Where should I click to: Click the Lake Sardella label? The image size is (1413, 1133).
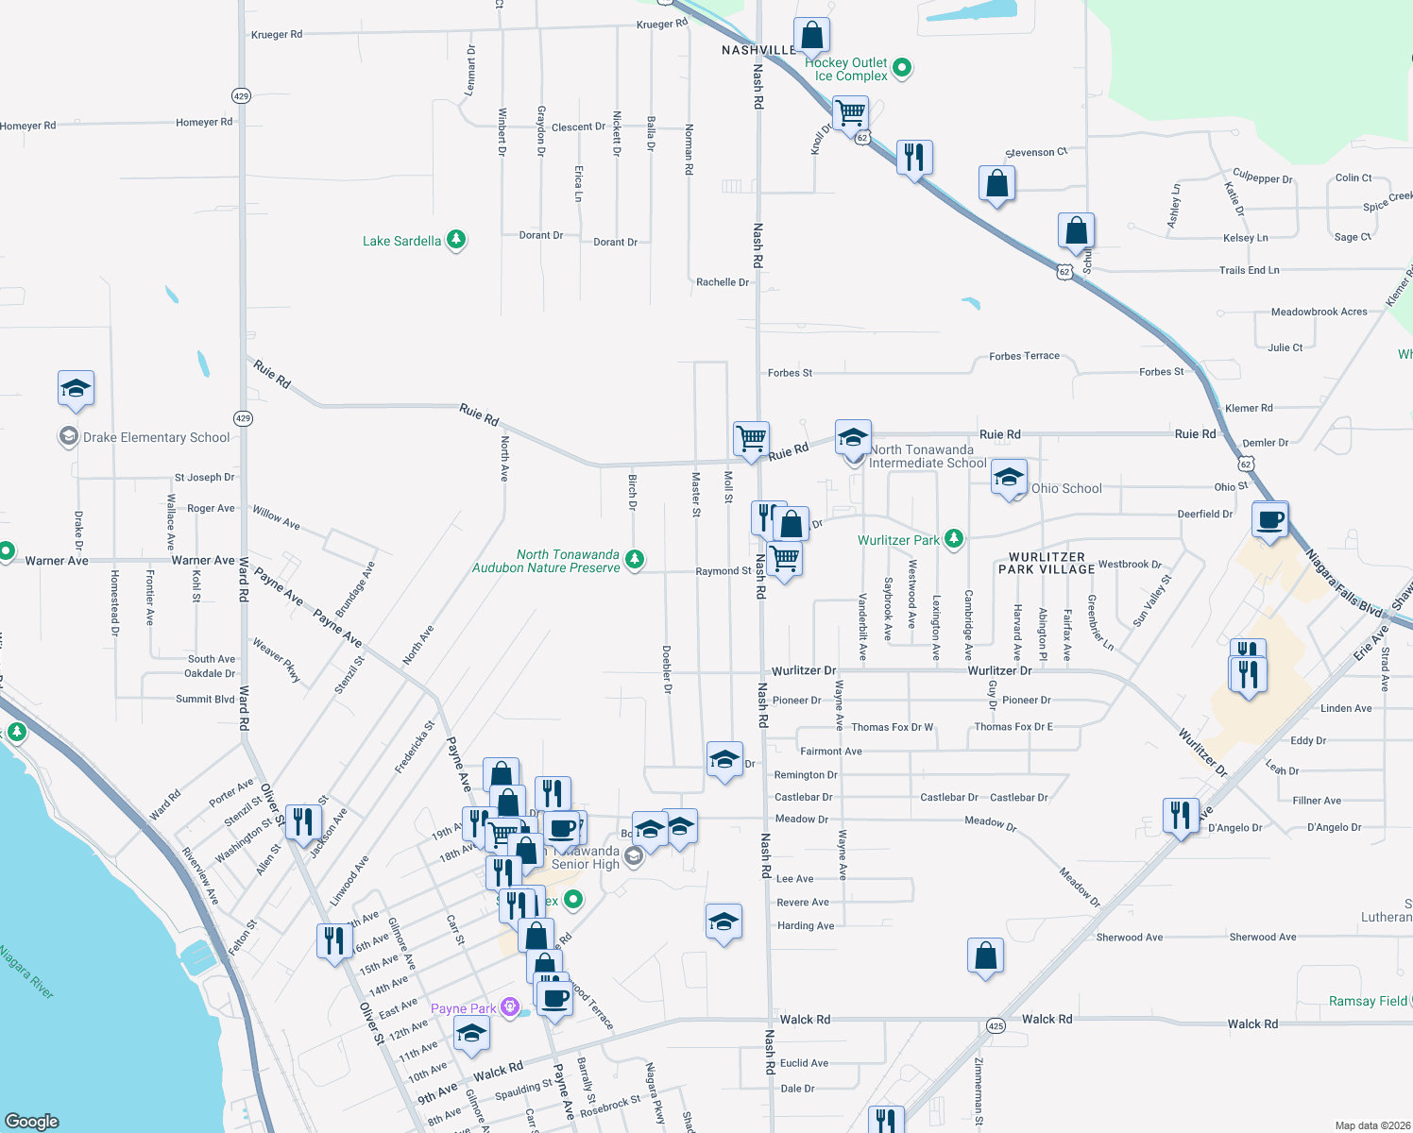pyautogui.click(x=401, y=242)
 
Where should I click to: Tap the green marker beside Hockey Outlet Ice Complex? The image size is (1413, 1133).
pyautogui.click(x=902, y=67)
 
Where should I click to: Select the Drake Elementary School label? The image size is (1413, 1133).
pyautogui.click(x=156, y=438)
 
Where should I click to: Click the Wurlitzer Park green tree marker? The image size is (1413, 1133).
pyautogui.click(x=954, y=538)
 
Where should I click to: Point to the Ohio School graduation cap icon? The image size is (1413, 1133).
pyautogui.click(x=1009, y=479)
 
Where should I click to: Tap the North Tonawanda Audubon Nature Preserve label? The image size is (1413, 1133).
pyautogui.click(x=547, y=561)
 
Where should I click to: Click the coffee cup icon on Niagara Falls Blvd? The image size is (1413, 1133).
pyautogui.click(x=1270, y=519)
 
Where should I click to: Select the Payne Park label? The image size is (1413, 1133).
pyautogui.click(x=463, y=1009)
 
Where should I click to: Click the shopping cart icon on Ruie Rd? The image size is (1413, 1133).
pyautogui.click(x=751, y=438)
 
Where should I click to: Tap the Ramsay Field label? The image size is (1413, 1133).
pyautogui.click(x=1368, y=1002)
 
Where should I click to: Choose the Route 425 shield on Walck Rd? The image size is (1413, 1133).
pyautogui.click(x=996, y=1025)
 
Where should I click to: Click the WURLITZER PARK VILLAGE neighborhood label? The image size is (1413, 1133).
pyautogui.click(x=1047, y=564)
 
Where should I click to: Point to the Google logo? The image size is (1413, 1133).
pyautogui.click(x=32, y=1122)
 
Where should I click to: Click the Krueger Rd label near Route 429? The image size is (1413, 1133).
pyautogui.click(x=277, y=35)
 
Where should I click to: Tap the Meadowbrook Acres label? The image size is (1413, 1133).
pyautogui.click(x=1319, y=313)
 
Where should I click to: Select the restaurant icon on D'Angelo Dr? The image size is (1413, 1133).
pyautogui.click(x=1181, y=815)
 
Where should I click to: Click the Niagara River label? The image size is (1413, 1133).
pyautogui.click(x=26, y=972)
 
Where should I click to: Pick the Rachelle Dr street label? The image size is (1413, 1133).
pyautogui.click(x=723, y=282)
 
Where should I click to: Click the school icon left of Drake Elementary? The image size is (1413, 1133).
pyautogui.click(x=76, y=388)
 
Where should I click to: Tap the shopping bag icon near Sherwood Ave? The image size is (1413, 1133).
pyautogui.click(x=985, y=955)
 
